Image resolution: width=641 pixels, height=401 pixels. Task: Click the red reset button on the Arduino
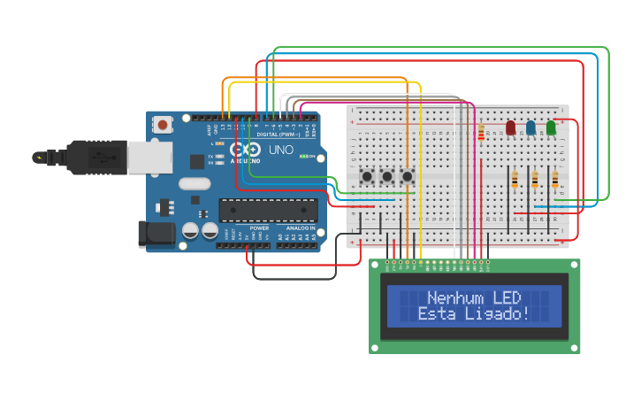[164, 126]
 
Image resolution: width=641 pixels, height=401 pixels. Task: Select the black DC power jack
[154, 234]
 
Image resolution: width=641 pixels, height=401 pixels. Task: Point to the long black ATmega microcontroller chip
[268, 210]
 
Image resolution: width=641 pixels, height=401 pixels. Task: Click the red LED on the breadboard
[510, 128]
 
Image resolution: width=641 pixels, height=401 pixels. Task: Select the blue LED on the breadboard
[530, 128]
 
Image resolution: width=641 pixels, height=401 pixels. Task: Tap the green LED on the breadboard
[551, 128]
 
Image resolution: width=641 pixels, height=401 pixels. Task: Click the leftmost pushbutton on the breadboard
[367, 177]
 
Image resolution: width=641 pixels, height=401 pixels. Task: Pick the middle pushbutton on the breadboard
[387, 177]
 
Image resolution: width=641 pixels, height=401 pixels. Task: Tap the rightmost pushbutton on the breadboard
[408, 177]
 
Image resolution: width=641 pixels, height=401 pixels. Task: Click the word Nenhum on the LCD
[453, 298]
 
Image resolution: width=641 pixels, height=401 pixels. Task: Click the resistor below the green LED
[555, 180]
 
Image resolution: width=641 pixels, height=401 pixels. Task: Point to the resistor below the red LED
[515, 180]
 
